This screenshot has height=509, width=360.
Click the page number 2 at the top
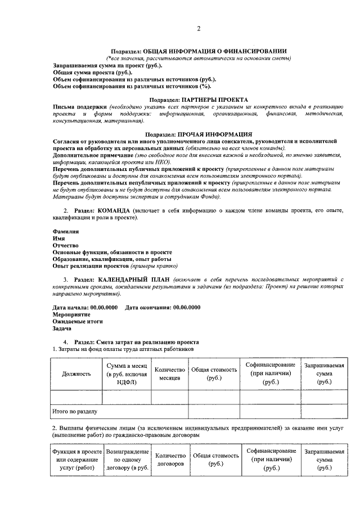tap(198, 29)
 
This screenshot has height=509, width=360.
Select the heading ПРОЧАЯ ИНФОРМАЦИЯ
tap(214, 134)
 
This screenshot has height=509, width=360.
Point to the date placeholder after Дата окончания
tap(186, 308)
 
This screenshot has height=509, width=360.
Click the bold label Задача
tap(62, 328)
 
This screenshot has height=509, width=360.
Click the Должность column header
tap(76, 373)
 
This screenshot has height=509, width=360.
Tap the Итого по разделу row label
tap(74, 412)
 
